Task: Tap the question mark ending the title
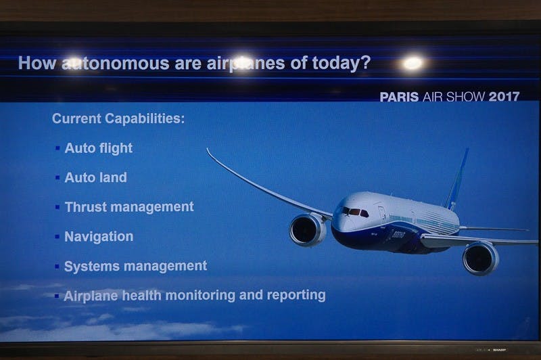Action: pos(365,63)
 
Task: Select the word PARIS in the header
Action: pos(399,97)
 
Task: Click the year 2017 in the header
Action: pos(504,97)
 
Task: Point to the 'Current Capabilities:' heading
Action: pos(118,118)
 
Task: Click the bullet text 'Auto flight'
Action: pos(98,148)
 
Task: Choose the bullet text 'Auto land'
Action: pos(95,177)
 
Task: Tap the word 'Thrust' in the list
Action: pos(85,207)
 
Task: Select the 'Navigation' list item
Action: pos(99,237)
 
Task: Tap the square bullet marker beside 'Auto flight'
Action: pos(57,148)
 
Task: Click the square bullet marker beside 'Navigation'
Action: pos(57,237)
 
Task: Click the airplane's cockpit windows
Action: pos(354,212)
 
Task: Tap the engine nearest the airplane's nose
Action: pos(308,229)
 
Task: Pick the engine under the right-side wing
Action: pos(481,258)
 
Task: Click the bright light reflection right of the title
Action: pos(413,63)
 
